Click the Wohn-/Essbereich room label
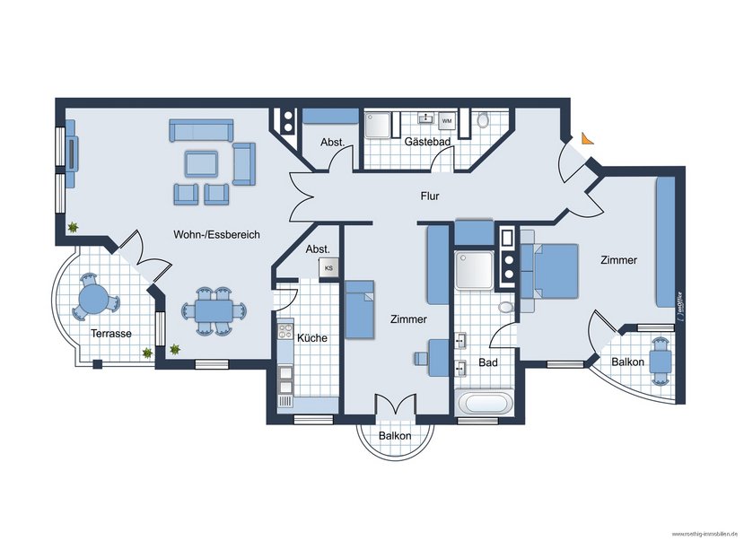216,234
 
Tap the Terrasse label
111,333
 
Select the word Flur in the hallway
431,196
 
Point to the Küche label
311,338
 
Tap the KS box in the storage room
328,267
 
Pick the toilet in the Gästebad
484,120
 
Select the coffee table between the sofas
201,163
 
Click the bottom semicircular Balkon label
395,436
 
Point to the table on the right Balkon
661,360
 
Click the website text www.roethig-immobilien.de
704,535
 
